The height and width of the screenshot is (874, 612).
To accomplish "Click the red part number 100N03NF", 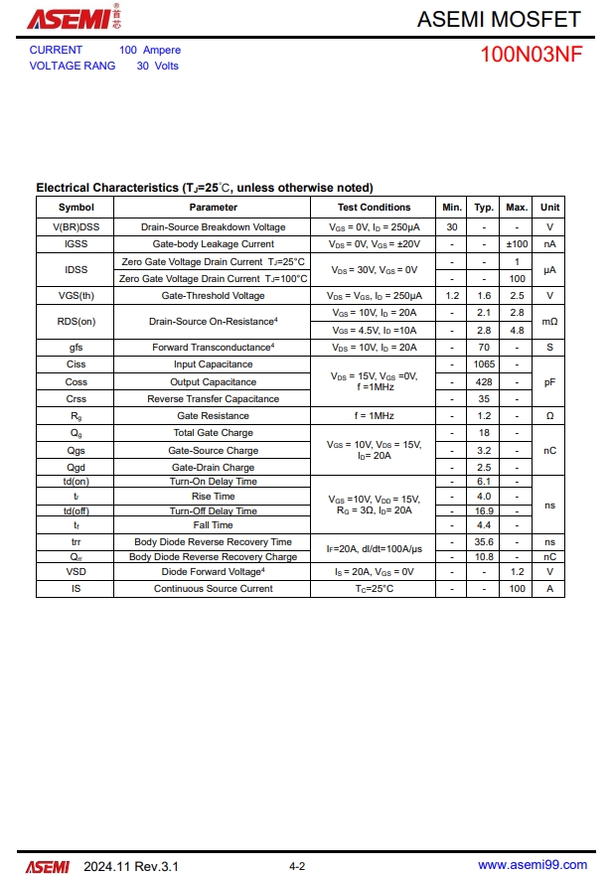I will [x=532, y=56].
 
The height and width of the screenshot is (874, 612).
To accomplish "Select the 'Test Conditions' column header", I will [x=374, y=208].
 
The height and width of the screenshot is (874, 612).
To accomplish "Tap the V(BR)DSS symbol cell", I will [x=76, y=227].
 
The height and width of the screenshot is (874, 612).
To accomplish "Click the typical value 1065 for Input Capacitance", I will [x=484, y=364].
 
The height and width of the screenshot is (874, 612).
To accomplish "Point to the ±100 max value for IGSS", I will [x=517, y=244].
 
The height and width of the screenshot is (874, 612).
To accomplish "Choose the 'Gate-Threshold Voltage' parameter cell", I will [x=213, y=296].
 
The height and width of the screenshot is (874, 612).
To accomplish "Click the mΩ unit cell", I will [x=549, y=322].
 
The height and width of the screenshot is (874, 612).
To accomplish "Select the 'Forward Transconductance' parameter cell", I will [x=213, y=348].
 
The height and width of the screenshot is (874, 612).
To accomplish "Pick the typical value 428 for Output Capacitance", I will [x=484, y=382].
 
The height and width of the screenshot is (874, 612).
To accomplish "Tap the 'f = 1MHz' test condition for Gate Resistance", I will [x=374, y=416].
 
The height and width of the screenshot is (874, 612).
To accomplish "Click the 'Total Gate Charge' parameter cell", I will [x=213, y=433].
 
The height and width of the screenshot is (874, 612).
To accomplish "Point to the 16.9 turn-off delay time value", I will [x=484, y=511].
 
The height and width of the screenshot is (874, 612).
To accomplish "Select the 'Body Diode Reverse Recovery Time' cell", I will [x=213, y=542].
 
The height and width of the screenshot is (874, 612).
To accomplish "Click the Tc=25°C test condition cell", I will [x=374, y=589].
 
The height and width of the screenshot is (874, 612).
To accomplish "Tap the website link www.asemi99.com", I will [x=532, y=866].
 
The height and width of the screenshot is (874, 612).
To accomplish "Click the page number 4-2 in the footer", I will [x=297, y=867].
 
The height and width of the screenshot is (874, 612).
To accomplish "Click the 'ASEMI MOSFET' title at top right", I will [x=498, y=19].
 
